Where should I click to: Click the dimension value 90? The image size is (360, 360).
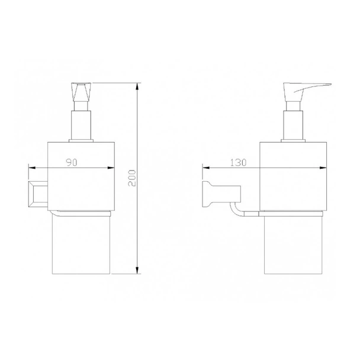coord(72,162)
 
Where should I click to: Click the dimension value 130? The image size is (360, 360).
coord(238,162)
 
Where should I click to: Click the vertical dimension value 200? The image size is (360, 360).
coord(132,178)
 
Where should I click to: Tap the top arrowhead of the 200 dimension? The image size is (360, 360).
coord(137,86)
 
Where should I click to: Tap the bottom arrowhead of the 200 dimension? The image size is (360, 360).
coord(137,270)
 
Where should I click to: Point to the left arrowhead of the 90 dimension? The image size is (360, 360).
coord(32,168)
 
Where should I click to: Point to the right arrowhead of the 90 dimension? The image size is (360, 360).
coord(111,168)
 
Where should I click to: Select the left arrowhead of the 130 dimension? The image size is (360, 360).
coord(206,168)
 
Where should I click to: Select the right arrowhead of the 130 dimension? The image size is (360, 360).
coord(323,168)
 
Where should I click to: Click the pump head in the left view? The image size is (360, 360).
coord(81,92)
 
